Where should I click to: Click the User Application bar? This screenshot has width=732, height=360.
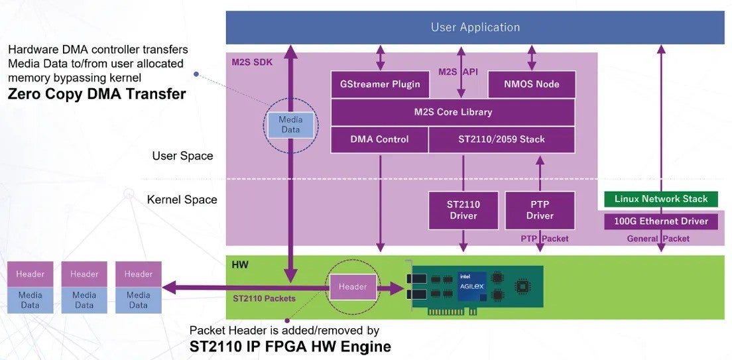point(475,27)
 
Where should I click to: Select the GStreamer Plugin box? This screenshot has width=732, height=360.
point(380,84)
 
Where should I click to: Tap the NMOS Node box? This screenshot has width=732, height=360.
point(532,84)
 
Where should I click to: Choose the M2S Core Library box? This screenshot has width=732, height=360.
point(452,112)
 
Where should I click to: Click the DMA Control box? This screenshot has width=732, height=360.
point(379,139)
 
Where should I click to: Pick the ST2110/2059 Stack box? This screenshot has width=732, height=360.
point(501,139)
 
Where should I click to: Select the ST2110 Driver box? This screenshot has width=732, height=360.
point(463,210)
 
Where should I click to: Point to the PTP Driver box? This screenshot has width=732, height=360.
point(540,210)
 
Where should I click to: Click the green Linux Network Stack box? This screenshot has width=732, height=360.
point(660,199)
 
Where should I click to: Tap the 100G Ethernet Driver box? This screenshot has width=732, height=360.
point(660,221)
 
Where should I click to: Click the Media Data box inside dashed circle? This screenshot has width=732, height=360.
point(290,125)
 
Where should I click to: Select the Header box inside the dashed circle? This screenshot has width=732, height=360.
point(353,287)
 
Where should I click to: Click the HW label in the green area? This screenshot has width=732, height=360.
point(239,265)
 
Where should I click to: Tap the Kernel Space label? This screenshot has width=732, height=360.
point(182,200)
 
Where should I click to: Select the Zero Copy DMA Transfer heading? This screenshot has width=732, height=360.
point(97,94)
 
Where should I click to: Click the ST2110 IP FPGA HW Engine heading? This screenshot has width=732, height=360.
point(290,346)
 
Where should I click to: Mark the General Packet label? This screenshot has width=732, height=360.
point(658,239)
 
